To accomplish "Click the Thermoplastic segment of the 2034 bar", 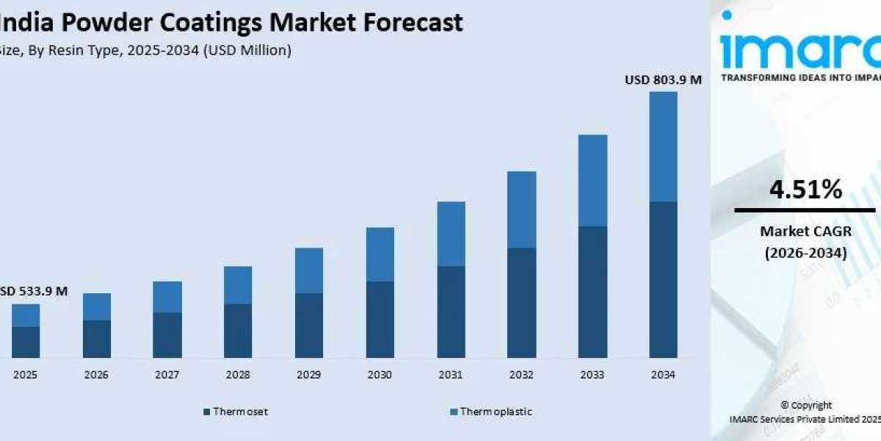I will (664, 147).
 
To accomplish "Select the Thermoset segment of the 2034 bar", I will (664, 279).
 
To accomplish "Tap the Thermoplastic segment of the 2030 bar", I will (380, 254).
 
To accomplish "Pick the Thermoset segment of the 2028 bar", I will (238, 331).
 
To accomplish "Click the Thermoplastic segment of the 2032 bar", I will (522, 209).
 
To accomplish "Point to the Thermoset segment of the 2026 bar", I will (96, 339).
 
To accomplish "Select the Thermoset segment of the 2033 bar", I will (592, 292).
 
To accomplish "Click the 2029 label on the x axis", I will (309, 375).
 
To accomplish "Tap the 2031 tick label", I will (451, 375).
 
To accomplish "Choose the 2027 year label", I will (167, 375).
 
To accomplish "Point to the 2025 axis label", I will (26, 375).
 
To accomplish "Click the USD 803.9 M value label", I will (663, 80).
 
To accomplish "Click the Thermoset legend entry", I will (236, 412).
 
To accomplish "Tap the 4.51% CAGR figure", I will (805, 190).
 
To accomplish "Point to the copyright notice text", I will (805, 412).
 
